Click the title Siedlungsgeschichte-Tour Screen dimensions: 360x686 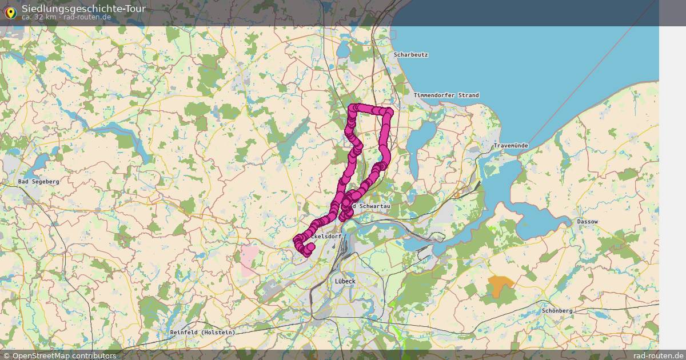point(83,9)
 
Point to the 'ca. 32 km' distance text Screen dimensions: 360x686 point(39,17)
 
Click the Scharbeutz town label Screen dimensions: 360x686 point(410,55)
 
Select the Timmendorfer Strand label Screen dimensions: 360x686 point(446,95)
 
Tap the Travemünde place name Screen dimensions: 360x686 point(510,146)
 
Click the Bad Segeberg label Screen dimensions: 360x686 point(38,181)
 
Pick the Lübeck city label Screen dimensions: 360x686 point(345,281)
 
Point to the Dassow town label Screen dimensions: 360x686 point(587,221)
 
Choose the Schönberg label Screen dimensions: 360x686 point(557,310)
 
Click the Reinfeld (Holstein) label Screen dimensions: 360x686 point(202,332)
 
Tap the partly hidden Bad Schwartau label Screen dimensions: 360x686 point(372,206)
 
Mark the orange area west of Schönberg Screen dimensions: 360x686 point(501,286)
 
